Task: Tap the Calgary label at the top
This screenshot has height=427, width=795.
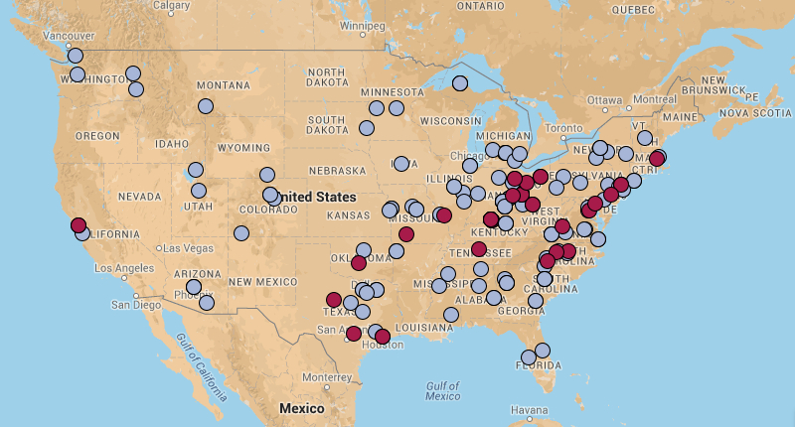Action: (171, 5)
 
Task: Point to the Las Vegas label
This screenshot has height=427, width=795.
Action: (186, 247)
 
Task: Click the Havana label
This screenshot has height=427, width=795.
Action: (529, 410)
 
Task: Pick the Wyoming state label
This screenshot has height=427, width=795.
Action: (243, 148)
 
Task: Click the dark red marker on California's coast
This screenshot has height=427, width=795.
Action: (79, 225)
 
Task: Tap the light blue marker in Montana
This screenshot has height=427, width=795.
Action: (206, 106)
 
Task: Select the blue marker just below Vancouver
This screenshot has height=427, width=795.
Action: (76, 56)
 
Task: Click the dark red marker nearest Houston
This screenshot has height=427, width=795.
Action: (383, 337)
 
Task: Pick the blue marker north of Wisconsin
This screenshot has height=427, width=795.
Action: (460, 83)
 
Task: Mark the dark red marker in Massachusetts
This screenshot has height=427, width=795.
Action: (657, 159)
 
